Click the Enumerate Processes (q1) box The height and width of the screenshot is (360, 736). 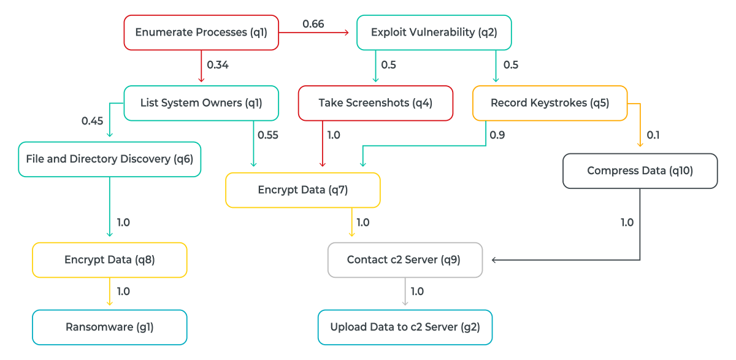click(x=201, y=32)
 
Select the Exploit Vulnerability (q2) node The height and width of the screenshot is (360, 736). click(x=434, y=32)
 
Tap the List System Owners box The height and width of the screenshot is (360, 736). click(x=201, y=102)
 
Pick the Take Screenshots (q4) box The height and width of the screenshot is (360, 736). click(x=375, y=102)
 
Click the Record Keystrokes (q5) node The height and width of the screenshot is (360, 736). click(x=550, y=102)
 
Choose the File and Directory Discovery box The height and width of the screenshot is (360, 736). click(x=110, y=159)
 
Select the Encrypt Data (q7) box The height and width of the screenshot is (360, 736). click(x=303, y=190)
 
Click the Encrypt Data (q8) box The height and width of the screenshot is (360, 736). click(x=110, y=259)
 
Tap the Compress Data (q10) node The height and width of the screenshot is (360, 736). click(x=640, y=170)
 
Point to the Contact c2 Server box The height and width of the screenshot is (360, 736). click(x=405, y=259)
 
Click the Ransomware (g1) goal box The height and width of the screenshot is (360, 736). click(x=110, y=327)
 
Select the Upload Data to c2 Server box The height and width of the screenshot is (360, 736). click(x=405, y=327)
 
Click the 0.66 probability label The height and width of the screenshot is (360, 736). click(x=313, y=25)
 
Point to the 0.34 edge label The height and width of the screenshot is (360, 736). click(x=218, y=64)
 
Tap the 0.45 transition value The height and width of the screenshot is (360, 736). click(x=92, y=121)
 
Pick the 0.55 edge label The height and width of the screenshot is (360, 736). click(x=267, y=136)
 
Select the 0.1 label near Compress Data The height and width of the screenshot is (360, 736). click(x=653, y=136)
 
